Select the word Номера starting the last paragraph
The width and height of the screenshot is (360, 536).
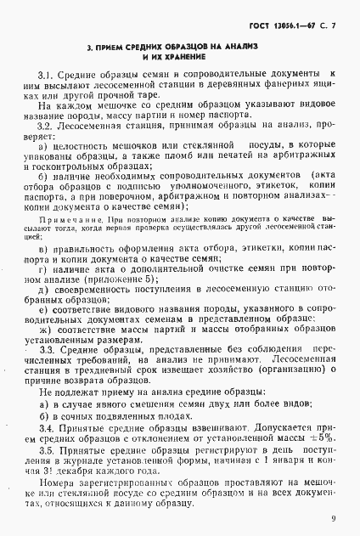57,497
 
